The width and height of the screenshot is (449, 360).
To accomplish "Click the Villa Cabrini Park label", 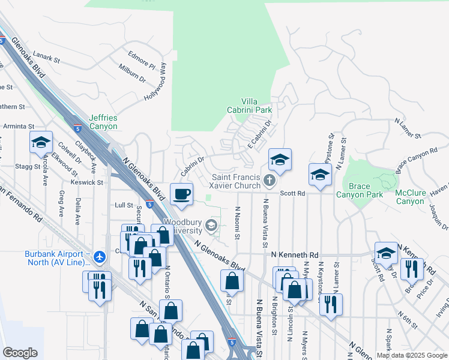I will point(258,106).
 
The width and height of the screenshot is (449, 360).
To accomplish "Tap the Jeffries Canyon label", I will point(104,122).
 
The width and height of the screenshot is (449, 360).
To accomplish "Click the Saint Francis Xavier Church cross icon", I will point(270,180).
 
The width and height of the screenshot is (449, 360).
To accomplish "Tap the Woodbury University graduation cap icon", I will point(211,226).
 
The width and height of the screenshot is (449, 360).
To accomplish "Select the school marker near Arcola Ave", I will point(41,143).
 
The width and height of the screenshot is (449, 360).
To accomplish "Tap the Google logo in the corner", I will point(20,353).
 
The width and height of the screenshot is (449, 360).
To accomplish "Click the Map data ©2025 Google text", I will point(411,355).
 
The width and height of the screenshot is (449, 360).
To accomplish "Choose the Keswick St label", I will point(88,182).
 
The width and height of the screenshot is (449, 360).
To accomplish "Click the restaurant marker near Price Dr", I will point(412,269).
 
